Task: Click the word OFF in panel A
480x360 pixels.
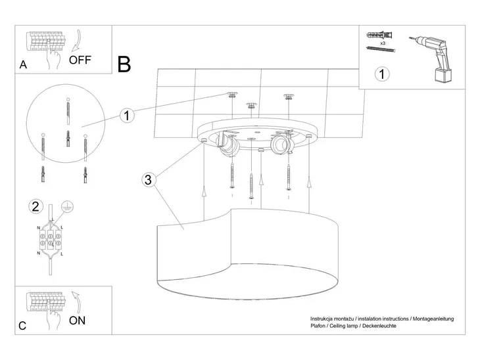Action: coord(80,60)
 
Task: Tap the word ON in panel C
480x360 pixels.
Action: coord(77,321)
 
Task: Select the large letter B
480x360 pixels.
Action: coord(124,64)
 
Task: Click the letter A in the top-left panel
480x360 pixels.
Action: coord(23,65)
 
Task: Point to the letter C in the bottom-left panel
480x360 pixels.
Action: coord(22,326)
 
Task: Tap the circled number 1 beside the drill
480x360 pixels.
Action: coord(382,74)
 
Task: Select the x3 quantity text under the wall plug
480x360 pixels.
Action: coord(383,43)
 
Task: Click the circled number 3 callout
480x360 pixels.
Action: coord(148,179)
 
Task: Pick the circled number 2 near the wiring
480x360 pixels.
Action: coord(36,206)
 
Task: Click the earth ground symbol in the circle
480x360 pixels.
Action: coord(67,207)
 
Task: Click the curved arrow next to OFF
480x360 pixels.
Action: coord(76,41)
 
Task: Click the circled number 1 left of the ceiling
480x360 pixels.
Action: coord(127,116)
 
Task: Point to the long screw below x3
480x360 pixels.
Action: coord(381,49)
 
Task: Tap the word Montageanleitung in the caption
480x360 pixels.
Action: coord(433,319)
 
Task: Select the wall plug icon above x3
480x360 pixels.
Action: coord(379,35)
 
